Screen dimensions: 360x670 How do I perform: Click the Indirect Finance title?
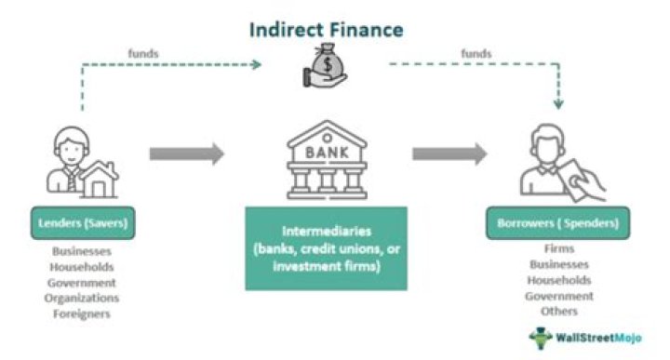(x=325, y=30)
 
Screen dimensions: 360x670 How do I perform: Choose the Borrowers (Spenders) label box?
(x=557, y=225)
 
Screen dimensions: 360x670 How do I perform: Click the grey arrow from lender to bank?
(x=186, y=153)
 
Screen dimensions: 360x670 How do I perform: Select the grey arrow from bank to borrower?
(x=449, y=153)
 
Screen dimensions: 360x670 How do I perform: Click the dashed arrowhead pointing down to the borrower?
(x=558, y=105)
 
